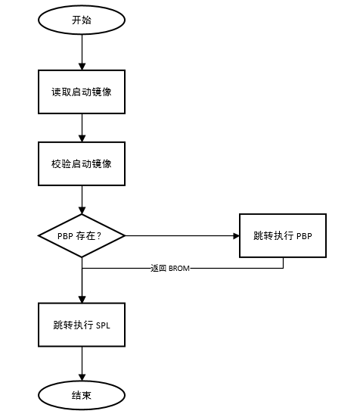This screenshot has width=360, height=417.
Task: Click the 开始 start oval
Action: click(82, 20)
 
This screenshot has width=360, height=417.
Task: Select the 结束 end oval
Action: click(82, 394)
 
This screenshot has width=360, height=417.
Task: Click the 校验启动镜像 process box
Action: click(82, 163)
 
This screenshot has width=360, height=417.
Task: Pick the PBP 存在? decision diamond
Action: click(82, 235)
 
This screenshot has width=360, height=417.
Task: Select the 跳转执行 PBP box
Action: click(283, 235)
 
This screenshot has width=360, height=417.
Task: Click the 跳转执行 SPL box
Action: click(82, 325)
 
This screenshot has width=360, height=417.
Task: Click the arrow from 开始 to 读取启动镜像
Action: click(82, 51)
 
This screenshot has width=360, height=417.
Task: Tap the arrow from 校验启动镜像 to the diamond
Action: click(82, 199)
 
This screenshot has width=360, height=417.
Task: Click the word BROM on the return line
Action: click(178, 268)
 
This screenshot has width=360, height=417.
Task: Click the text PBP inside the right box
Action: click(304, 235)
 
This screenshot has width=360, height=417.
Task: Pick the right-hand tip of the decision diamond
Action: click(125, 235)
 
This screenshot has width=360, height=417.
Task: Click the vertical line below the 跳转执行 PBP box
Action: click(283, 263)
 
